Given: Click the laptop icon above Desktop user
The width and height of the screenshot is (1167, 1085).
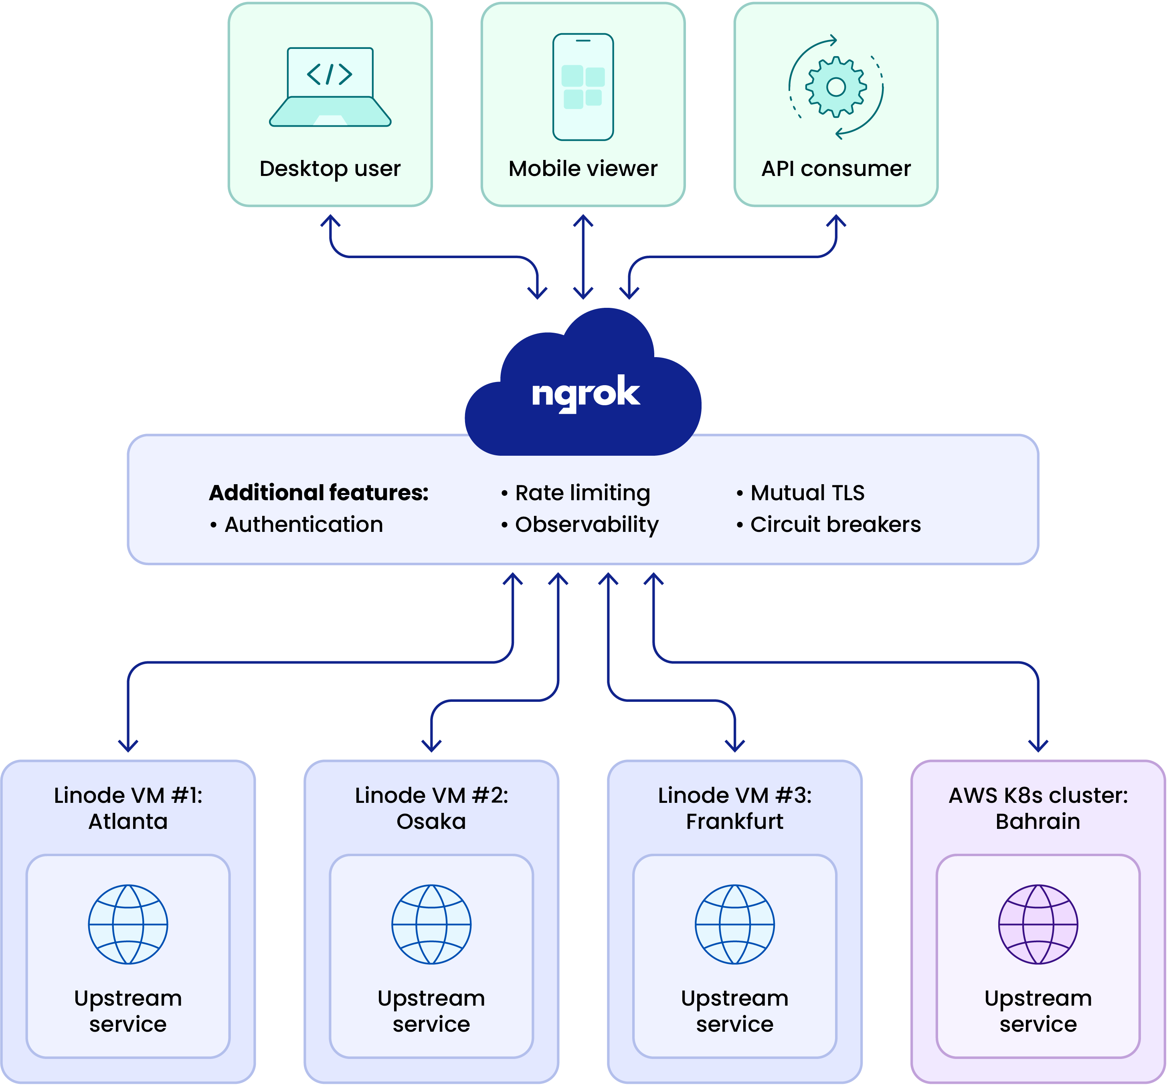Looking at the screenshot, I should coord(330,87).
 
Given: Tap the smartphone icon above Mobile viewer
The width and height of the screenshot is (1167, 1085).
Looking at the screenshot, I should coord(583,87).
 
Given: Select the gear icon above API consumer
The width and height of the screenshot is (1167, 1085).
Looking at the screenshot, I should coord(836,87).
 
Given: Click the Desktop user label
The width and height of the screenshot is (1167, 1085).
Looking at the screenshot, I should coord(330,168).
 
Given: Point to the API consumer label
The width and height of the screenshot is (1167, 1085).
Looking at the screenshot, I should coord(836,168).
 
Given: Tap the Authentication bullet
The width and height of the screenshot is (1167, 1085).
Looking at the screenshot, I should coord(303,524).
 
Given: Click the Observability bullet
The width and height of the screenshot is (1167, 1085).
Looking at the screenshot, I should coord(587,524).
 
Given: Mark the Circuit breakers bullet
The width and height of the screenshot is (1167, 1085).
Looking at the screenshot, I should coord(835,524).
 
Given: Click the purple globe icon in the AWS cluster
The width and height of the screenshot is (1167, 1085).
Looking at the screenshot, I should coord(1038,924).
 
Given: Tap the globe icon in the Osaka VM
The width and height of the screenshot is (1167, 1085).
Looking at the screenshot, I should coord(431,924).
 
